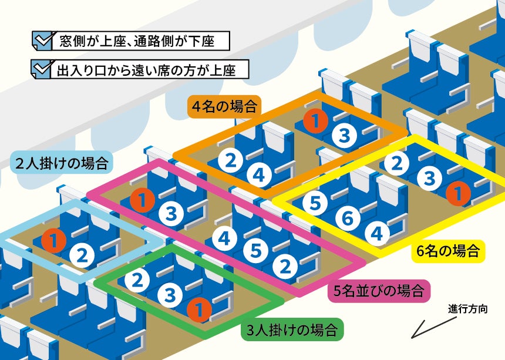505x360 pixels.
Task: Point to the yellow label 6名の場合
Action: click(x=448, y=251)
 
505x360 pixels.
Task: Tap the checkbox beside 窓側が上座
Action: click(x=43, y=41)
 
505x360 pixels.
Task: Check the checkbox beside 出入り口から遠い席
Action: click(x=43, y=70)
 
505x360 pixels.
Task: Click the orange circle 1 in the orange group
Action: click(x=315, y=122)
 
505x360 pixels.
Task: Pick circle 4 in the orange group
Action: click(x=258, y=174)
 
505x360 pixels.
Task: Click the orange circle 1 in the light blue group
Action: click(x=53, y=240)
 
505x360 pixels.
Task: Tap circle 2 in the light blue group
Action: click(x=82, y=255)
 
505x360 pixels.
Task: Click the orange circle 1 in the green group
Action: click(x=199, y=309)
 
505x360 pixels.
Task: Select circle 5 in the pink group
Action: click(x=255, y=251)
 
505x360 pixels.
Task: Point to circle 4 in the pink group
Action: click(x=224, y=238)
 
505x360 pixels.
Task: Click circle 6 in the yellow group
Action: click(x=348, y=219)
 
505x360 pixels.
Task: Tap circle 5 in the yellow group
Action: click(x=315, y=203)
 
